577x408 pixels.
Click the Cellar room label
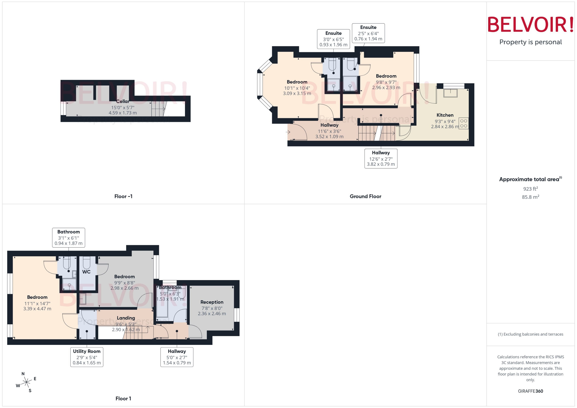click(122, 101)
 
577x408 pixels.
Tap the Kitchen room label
click(445, 115)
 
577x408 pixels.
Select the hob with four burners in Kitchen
click(463, 123)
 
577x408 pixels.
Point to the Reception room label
click(212, 302)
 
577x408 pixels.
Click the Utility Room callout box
click(87, 357)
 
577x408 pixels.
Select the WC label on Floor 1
click(86, 272)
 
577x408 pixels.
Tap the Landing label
click(126, 318)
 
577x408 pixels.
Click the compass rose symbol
click(26, 382)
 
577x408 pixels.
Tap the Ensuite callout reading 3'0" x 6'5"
click(333, 39)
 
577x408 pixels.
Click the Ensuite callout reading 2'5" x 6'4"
click(368, 33)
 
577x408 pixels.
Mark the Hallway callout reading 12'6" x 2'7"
click(381, 158)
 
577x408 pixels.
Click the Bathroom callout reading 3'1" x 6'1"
click(68, 237)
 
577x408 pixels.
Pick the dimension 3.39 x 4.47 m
click(37, 309)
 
